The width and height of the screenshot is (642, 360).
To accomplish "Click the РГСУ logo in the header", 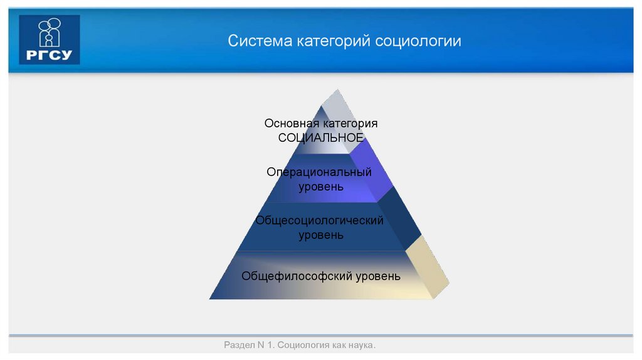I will point(50,40).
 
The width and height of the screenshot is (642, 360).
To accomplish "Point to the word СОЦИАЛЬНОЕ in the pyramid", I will point(320,137).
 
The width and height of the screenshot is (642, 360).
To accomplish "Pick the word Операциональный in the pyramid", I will point(319,172).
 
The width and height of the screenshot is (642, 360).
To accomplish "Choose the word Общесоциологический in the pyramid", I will point(319,221).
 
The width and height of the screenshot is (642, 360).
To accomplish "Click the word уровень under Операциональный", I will point(320,186).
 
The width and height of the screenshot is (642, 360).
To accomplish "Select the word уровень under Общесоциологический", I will point(320,235).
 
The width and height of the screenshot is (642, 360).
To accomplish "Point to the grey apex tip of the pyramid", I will point(335,103).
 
